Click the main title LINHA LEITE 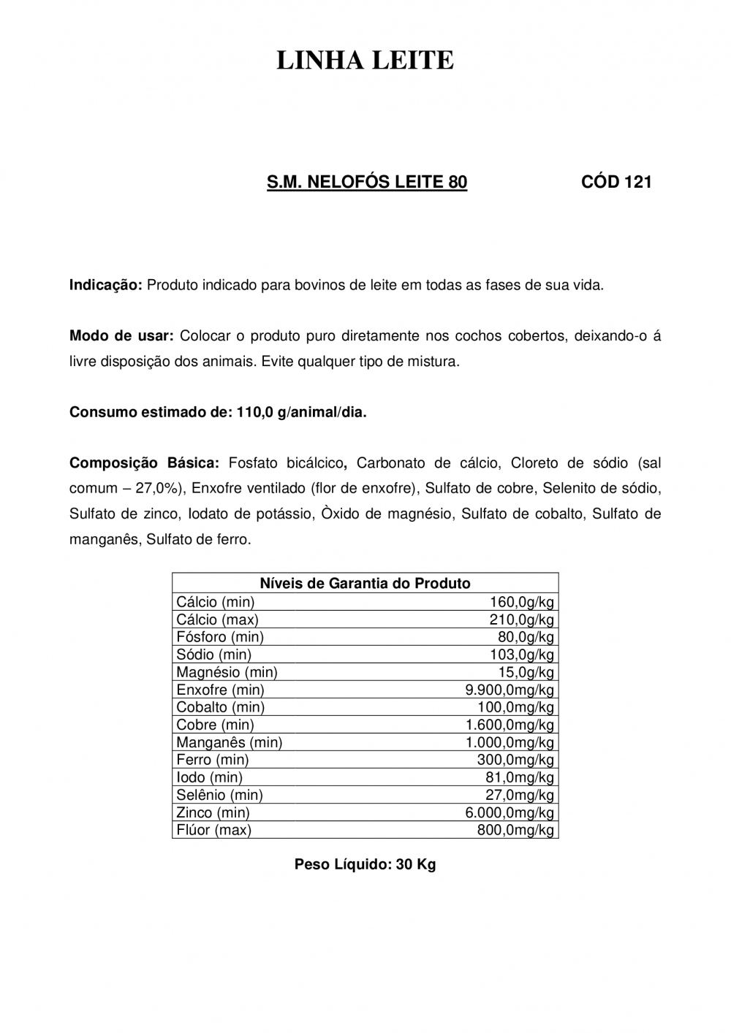365,61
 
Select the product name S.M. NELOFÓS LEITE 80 367,182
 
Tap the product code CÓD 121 616,182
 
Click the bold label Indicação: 106,285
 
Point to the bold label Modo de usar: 121,336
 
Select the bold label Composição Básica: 144,462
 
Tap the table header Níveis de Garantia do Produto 365,583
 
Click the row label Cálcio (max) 217,620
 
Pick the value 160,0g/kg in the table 521,602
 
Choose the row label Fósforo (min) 220,637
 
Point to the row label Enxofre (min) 220,690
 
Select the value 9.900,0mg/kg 510,690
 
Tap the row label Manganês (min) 229,742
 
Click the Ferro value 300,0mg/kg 515,760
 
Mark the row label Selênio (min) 219,795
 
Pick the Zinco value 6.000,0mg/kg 510,812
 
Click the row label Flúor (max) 213,830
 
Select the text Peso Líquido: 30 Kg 365,865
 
